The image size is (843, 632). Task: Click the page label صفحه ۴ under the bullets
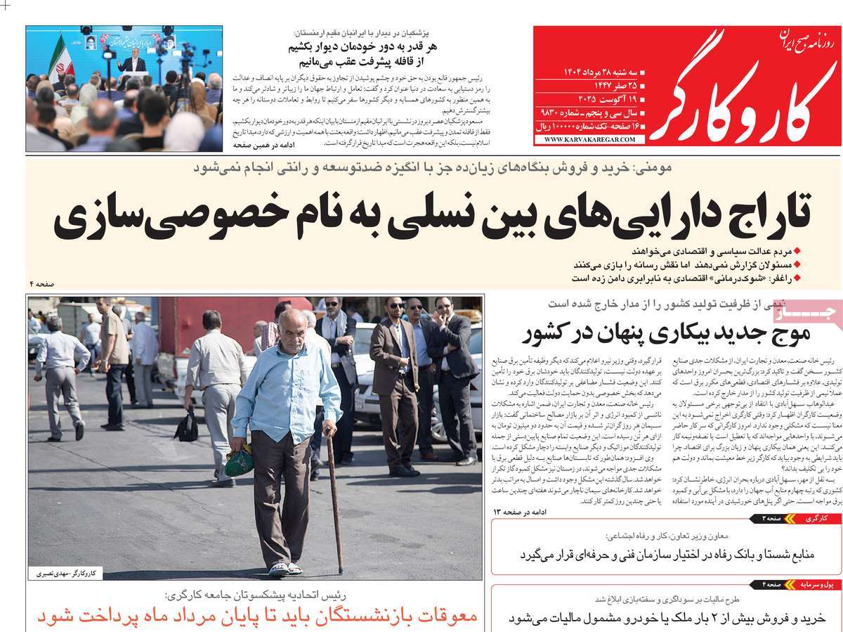42,283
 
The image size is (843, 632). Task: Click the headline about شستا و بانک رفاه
667,555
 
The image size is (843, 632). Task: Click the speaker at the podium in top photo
132,63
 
